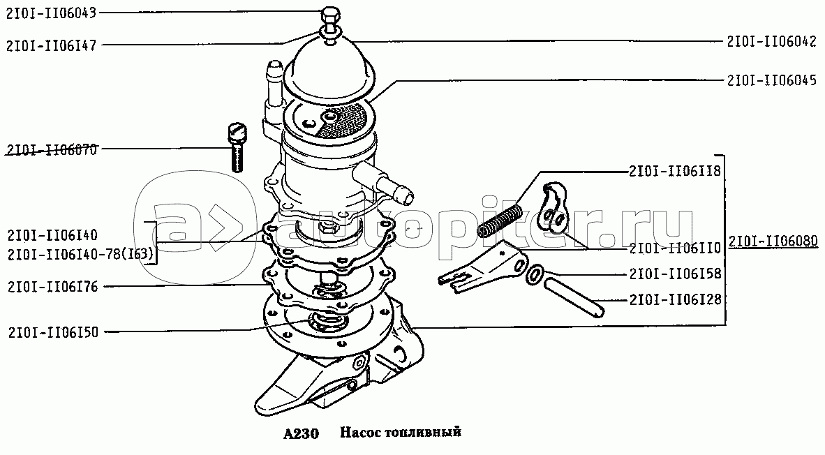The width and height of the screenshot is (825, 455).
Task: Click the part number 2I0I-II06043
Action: click(51, 13)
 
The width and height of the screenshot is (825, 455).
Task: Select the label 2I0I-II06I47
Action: click(52, 46)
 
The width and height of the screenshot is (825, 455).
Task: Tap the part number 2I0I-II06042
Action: click(772, 42)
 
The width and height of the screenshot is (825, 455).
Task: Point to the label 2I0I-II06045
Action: click(772, 80)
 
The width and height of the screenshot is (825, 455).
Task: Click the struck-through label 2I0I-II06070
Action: click(52, 150)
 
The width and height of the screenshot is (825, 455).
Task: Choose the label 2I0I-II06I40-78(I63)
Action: click(80, 255)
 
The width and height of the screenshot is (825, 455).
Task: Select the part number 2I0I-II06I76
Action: click(53, 288)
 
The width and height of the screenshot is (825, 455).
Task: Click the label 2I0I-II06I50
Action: click(53, 332)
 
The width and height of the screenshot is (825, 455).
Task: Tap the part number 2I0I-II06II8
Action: click(674, 172)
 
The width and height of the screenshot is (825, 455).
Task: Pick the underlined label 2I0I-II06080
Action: click(773, 241)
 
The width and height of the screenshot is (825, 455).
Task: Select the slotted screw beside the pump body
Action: click(236, 147)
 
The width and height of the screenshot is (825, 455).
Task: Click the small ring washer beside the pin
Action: click(534, 275)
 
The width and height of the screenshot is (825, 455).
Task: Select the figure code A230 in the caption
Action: click(301, 433)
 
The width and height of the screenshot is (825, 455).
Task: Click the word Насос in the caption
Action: click(360, 433)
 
